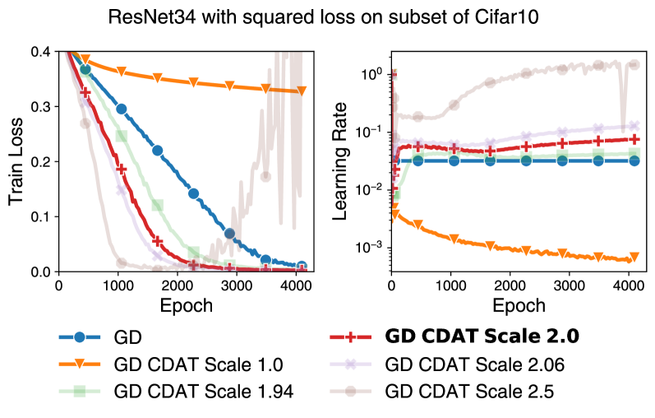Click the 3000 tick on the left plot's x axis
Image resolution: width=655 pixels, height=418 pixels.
[x=236, y=286]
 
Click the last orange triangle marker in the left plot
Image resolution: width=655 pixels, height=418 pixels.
[x=301, y=91]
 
